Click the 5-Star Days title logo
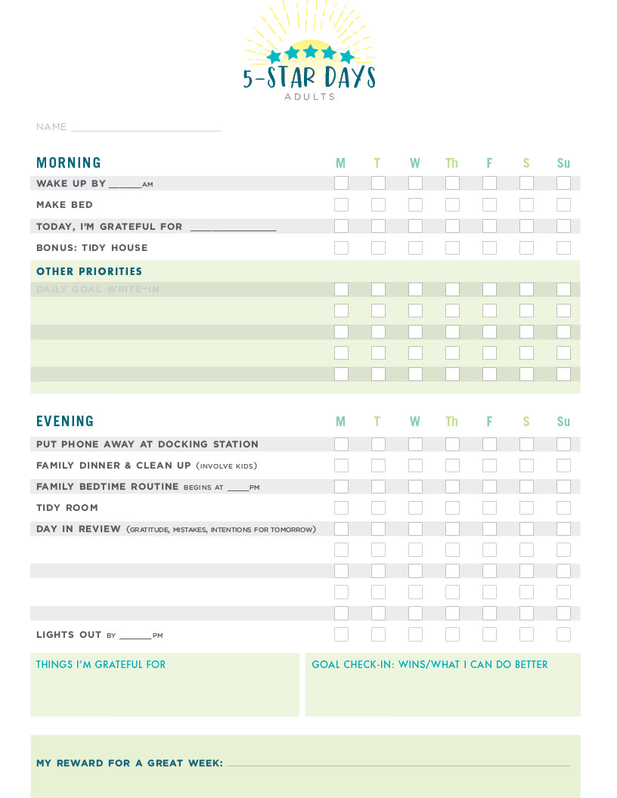[x=308, y=76]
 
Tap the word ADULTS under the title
[x=309, y=97]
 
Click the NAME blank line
[x=145, y=128]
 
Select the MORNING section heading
[x=69, y=163]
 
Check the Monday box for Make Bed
[x=341, y=205]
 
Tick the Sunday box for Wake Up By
[x=563, y=183]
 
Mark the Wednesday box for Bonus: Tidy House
[x=415, y=248]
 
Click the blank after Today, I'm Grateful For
[x=233, y=227]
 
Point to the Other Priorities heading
[x=89, y=272]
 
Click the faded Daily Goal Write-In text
[x=98, y=289]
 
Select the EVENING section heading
[x=65, y=422]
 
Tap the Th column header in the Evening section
[x=451, y=422]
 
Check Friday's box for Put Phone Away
[x=489, y=444]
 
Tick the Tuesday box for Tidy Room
[x=378, y=508]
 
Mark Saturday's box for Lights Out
[x=526, y=635]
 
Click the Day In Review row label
[x=79, y=529]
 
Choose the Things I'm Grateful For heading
[x=101, y=665]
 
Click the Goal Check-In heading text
[x=429, y=665]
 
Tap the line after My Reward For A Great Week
[x=398, y=764]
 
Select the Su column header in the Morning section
[x=563, y=163]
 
